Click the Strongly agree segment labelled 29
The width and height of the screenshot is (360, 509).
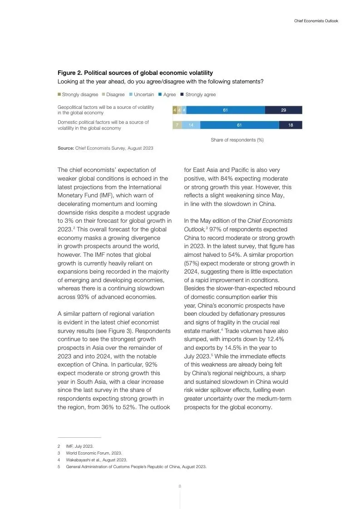[283, 110]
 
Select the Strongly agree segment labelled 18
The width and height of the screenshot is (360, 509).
[291, 125]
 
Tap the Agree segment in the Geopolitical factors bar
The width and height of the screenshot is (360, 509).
[225, 110]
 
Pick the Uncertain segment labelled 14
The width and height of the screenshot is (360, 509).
[191, 125]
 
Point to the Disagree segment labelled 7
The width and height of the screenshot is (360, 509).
[177, 125]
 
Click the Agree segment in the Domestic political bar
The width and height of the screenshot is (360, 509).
[239, 125]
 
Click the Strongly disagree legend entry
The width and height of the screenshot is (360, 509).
[78, 94]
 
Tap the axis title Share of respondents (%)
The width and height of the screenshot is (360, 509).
[237, 140]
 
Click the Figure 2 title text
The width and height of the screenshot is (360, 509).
[135, 73]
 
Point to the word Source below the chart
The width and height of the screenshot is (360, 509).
[65, 148]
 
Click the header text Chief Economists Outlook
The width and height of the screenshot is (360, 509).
[316, 21]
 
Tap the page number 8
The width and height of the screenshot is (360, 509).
[180, 486]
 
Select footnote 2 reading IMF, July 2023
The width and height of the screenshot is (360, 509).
[79, 446]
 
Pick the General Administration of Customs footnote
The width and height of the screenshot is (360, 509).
[136, 466]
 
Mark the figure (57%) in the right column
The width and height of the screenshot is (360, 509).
[193, 264]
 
